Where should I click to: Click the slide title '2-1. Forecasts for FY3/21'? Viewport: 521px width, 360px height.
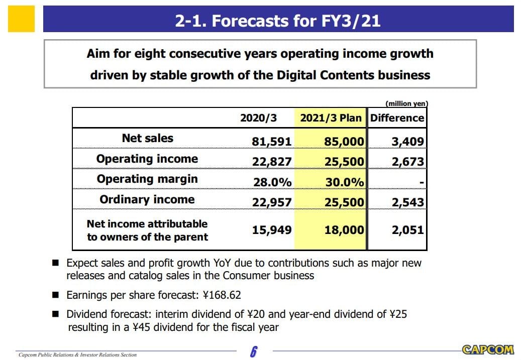click(278, 21)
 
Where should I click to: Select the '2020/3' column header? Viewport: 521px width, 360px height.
click(258, 118)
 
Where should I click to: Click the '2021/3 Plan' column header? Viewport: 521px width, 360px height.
click(331, 118)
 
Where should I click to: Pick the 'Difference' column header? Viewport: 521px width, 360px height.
click(397, 118)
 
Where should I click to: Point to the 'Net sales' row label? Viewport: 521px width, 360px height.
click(147, 138)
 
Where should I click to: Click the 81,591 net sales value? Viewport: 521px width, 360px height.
click(271, 142)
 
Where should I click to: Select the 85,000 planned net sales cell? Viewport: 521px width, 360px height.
click(344, 142)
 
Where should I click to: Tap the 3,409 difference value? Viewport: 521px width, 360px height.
click(407, 142)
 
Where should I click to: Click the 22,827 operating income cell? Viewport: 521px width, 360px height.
click(271, 162)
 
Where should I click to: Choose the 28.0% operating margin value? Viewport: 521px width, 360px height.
click(272, 182)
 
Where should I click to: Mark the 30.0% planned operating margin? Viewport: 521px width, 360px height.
click(345, 182)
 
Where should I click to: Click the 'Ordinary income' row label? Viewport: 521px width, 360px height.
click(147, 199)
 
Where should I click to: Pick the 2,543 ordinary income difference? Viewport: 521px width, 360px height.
click(407, 202)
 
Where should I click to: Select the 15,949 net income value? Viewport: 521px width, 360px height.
click(271, 230)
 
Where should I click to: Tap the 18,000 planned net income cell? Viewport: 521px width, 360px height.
click(344, 230)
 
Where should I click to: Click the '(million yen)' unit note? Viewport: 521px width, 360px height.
click(406, 103)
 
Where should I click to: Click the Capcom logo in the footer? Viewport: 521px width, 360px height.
click(487, 349)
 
